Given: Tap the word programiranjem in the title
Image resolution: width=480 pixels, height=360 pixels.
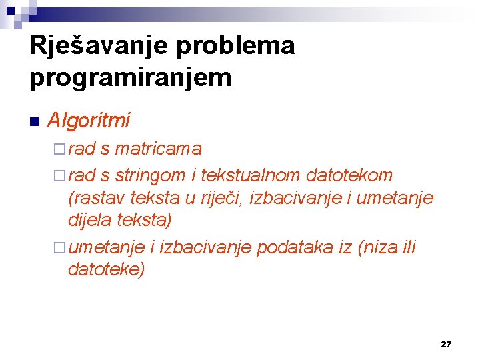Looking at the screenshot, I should click(x=131, y=77).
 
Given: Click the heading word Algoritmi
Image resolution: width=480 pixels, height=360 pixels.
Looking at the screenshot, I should click(x=89, y=121).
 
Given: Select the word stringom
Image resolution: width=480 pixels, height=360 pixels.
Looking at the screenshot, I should click(x=150, y=175).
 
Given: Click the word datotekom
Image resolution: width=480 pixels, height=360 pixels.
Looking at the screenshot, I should click(x=349, y=175).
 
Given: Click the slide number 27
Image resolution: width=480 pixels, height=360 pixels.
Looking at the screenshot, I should click(x=446, y=344).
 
